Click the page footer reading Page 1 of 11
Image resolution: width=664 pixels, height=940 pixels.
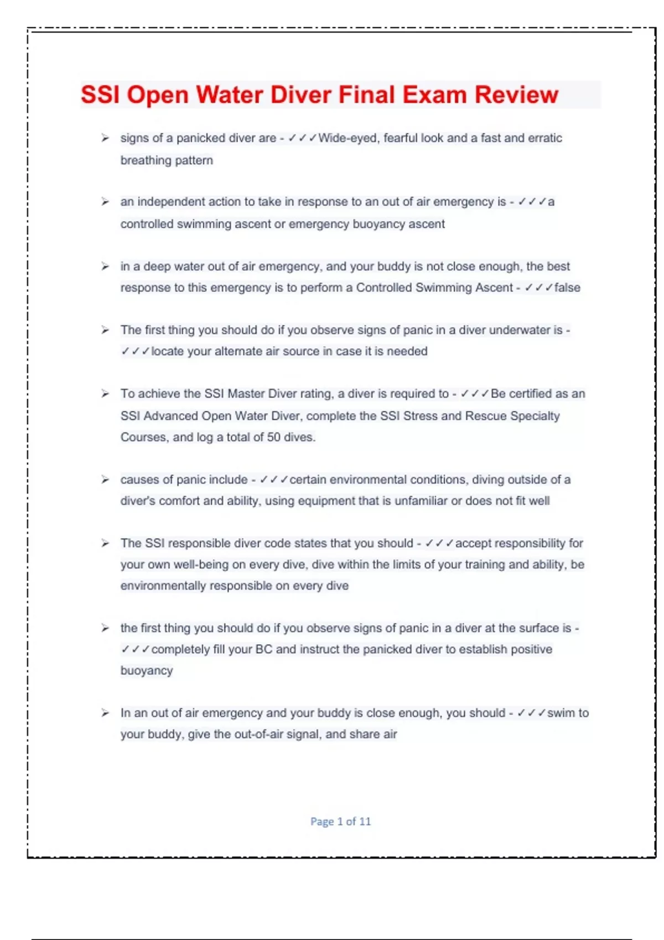(x=340, y=822)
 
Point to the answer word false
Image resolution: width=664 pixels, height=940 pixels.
(x=567, y=288)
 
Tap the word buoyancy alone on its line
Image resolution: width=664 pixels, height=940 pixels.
(x=147, y=671)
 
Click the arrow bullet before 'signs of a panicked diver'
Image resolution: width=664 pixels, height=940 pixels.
(x=105, y=138)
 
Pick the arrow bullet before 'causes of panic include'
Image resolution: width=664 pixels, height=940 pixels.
(x=105, y=479)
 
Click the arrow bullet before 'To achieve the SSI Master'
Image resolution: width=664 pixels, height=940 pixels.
(x=105, y=394)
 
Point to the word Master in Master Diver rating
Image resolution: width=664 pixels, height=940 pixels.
(x=246, y=394)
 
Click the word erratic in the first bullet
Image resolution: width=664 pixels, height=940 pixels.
(x=544, y=138)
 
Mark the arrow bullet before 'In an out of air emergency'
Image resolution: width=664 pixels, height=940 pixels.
(x=105, y=713)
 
